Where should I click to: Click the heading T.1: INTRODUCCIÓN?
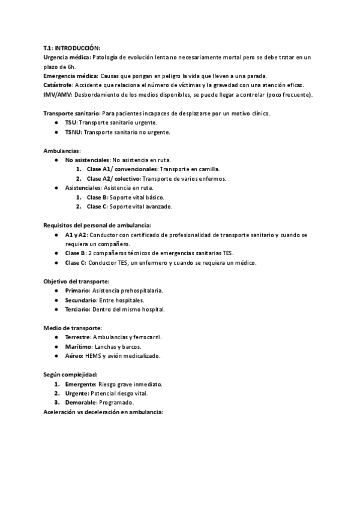(71, 48)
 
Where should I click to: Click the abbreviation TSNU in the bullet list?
(73, 131)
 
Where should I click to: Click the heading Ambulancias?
(62, 151)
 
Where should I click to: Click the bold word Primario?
(79, 291)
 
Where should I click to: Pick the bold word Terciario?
(78, 309)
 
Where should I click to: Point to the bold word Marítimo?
(79, 346)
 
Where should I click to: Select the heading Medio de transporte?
(73, 328)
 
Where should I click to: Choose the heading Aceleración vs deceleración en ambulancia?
(103, 412)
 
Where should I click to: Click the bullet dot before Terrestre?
(56, 337)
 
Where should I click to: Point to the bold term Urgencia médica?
(67, 57)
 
